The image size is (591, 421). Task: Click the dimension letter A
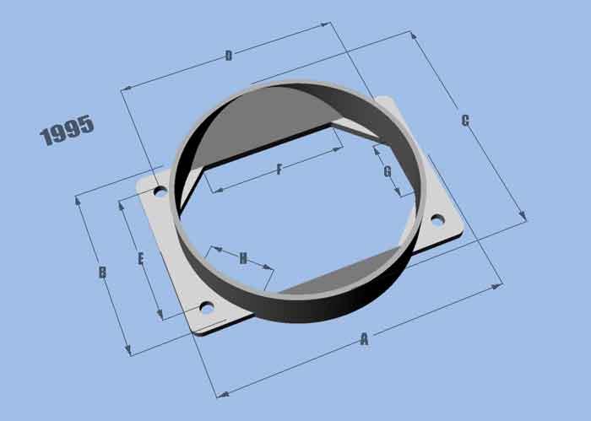tap(364, 339)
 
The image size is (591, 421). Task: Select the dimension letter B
tap(101, 273)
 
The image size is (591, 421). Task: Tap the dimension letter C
tap(465, 121)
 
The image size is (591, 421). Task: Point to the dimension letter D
tap(228, 56)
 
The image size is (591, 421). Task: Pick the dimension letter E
tap(140, 258)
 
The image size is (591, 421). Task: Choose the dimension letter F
tap(279, 170)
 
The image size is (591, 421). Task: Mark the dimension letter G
tap(387, 171)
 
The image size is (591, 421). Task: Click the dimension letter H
tap(243, 258)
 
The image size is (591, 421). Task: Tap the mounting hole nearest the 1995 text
tap(160, 191)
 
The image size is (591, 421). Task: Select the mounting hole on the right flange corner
tap(437, 220)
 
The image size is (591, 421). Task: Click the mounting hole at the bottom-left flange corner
tap(207, 308)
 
